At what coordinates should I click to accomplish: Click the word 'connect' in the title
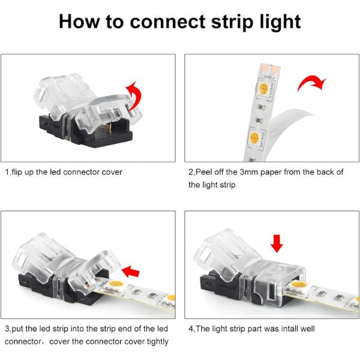click(167, 22)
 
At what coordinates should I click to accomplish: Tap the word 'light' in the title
click(280, 22)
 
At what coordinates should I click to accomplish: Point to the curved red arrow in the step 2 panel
click(312, 83)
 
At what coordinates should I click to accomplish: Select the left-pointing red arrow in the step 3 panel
click(130, 271)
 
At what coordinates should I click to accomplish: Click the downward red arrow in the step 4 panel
click(277, 244)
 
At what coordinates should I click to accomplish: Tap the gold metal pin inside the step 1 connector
click(110, 128)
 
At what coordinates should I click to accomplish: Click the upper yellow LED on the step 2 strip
click(263, 88)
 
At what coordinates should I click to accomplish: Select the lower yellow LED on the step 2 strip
click(254, 138)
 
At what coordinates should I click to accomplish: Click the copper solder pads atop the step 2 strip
click(271, 68)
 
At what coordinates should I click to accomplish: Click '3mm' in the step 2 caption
click(249, 172)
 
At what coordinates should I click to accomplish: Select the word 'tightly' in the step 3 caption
click(157, 341)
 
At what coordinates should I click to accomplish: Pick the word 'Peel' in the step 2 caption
click(203, 172)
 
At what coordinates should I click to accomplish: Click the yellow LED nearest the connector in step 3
click(115, 284)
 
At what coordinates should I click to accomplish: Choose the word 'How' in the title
click(79, 22)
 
